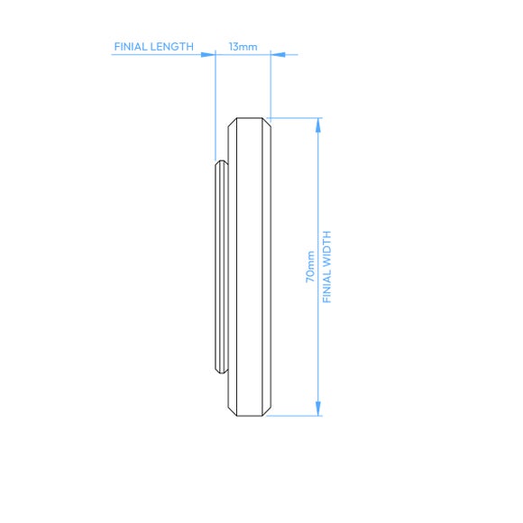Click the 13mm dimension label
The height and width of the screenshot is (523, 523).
pos(243,47)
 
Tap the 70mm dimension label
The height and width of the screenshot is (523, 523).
pos(310,267)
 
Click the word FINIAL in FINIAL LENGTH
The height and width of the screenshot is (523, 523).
pos(130,47)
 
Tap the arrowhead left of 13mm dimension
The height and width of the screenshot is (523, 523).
pos(208,54)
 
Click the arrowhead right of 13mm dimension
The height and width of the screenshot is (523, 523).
pos(278,54)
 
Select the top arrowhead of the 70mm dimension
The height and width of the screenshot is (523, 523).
pos(318,125)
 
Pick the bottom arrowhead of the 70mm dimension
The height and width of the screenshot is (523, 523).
pos(318,408)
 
